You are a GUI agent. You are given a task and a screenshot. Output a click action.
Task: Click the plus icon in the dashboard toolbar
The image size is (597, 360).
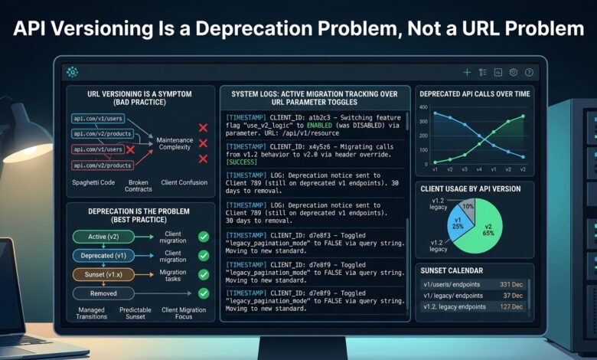pyautogui.click(x=467, y=72)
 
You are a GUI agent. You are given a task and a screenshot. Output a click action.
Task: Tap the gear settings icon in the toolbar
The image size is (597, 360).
pyautogui.click(x=514, y=72)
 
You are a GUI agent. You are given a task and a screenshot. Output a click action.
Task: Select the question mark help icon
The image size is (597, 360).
pyautogui.click(x=529, y=72)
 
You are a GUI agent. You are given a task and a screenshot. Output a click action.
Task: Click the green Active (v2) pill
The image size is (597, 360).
pyautogui.click(x=103, y=237)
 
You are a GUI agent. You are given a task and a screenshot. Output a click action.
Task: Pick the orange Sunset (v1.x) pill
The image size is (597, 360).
pyautogui.click(x=103, y=274)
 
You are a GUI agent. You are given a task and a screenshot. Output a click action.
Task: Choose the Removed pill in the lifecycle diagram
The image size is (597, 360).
pyautogui.click(x=103, y=293)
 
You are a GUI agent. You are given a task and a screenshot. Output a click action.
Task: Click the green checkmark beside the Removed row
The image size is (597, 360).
pyautogui.click(x=204, y=293)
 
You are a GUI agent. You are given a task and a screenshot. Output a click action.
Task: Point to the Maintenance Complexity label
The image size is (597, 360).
pyautogui.click(x=175, y=144)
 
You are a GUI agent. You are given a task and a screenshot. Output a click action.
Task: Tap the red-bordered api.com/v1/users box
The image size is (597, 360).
pyautogui.click(x=98, y=149)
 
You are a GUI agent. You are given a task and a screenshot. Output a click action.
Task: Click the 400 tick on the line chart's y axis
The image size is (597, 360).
pyautogui.click(x=423, y=107)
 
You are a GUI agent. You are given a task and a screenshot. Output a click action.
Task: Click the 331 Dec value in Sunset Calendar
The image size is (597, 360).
pyautogui.click(x=511, y=285)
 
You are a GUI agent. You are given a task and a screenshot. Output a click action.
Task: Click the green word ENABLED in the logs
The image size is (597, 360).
pyautogui.click(x=319, y=126)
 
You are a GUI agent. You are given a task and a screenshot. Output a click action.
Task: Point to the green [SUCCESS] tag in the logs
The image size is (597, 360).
pyautogui.click(x=241, y=162)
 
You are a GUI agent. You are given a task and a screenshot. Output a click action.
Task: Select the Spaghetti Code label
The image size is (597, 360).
pyautogui.click(x=93, y=182)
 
